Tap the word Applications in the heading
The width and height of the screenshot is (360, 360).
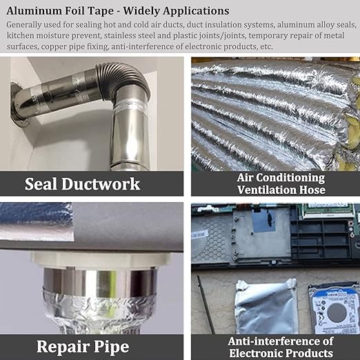click(196, 12)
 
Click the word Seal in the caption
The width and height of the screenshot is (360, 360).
click(41, 184)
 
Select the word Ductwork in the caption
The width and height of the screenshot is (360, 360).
click(101, 184)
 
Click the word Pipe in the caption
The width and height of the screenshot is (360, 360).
click(112, 347)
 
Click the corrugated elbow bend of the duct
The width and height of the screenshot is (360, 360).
click(126, 78)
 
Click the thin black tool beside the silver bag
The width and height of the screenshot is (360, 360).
click(206, 305)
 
